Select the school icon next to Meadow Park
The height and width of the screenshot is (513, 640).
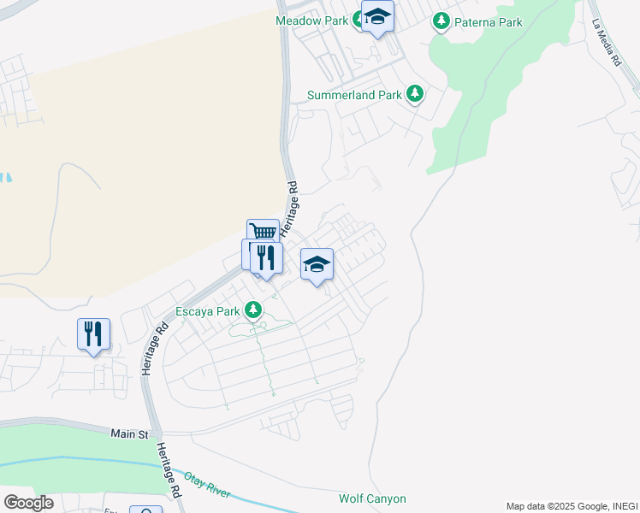(377, 16)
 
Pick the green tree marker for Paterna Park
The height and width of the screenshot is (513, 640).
(441, 20)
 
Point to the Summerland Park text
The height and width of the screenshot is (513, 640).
(354, 95)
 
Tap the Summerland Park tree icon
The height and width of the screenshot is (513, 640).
(415, 94)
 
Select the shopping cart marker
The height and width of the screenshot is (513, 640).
(264, 233)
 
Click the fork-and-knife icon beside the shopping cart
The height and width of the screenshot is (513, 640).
(266, 256)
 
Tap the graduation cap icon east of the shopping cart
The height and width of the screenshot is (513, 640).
(317, 265)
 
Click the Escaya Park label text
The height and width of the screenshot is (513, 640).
(207, 311)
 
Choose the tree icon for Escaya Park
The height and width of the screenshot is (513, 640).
(254, 310)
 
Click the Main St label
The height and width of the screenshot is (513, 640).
(129, 434)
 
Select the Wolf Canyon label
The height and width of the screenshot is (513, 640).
(372, 498)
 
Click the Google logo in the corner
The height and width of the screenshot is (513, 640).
(27, 503)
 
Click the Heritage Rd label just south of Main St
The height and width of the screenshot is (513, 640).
(169, 472)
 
